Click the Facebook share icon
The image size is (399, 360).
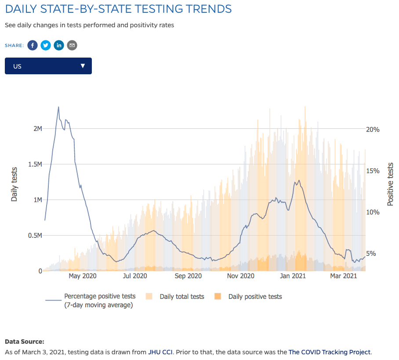33,45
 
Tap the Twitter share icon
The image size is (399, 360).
46,45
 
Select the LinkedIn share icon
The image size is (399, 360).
59,45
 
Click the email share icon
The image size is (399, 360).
72,45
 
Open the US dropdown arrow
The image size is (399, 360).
83,66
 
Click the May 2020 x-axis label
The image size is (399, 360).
83,276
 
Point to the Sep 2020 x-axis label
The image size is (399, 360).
188,276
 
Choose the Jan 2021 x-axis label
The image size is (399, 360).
293,276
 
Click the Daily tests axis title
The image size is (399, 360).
15,184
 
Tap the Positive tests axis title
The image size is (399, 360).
390,184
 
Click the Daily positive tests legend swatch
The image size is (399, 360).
217,297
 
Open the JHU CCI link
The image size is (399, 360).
160,352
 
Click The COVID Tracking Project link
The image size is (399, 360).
330,352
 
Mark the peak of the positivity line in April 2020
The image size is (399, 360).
58,107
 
